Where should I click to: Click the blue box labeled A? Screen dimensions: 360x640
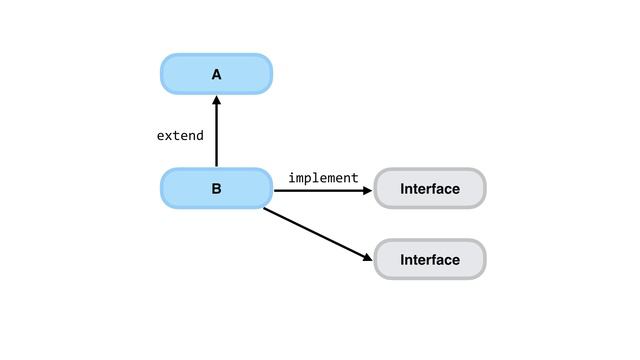pos(216,74)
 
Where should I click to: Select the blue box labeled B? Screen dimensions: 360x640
pos(216,188)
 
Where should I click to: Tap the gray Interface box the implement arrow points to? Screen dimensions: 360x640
pos(429,188)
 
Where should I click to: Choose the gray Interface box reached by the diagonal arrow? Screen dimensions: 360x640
pos(429,260)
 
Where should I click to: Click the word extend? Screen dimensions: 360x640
pos(180,135)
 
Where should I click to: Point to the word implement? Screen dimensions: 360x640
pos(323,178)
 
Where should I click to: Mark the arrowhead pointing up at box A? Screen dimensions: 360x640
pos(216,100)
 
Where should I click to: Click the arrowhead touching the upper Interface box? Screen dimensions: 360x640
pos(367,188)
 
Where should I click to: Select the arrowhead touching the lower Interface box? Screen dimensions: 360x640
pos(367,259)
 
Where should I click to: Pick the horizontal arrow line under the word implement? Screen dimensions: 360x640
pos(320,188)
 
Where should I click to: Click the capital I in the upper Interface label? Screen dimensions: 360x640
pos(402,188)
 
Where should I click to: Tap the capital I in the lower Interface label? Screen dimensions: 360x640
pos(402,260)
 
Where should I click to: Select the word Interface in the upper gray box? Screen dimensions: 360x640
pos(430,188)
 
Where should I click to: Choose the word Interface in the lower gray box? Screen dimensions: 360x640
pos(430,260)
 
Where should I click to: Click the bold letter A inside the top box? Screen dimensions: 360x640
pos(216,74)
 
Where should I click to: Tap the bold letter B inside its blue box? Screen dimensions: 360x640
pos(216,188)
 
